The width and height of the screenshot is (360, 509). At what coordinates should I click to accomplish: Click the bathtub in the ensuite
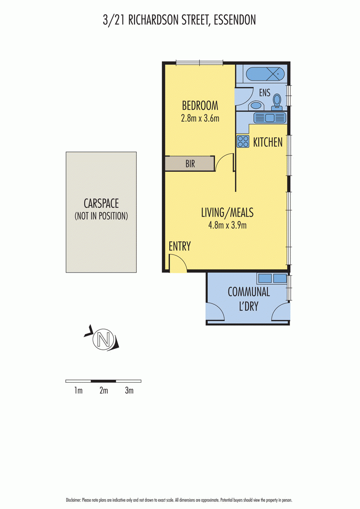[265, 74]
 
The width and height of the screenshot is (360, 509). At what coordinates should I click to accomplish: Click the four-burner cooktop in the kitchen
[243, 142]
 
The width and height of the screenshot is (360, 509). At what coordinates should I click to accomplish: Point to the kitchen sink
[270, 117]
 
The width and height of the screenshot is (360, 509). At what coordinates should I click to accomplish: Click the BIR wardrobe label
[190, 164]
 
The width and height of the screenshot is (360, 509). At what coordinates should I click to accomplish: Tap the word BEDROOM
[200, 106]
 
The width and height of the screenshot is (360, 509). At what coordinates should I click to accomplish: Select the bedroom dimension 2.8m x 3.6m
[200, 118]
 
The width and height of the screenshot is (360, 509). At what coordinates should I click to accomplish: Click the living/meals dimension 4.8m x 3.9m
[227, 225]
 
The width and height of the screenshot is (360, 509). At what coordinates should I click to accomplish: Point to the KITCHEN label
[268, 142]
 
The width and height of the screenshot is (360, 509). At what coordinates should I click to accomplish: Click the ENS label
[265, 93]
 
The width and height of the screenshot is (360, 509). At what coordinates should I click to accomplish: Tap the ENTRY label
[180, 246]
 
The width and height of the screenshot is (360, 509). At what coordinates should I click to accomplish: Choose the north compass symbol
[103, 339]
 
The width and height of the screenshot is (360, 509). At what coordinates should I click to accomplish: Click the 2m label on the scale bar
[103, 390]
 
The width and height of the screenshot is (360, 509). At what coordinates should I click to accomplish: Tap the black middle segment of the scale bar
[103, 381]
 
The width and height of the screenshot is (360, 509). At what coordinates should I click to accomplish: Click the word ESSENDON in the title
[234, 20]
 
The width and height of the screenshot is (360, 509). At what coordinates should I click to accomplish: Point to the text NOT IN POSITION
[101, 216]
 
